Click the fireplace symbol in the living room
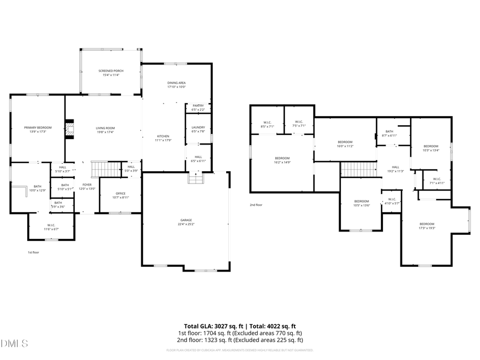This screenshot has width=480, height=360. click(x=69, y=129)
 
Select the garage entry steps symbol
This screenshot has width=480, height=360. click(x=196, y=178)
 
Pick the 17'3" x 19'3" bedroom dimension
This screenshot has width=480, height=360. click(x=427, y=227)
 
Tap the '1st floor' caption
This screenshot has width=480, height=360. click(x=34, y=252)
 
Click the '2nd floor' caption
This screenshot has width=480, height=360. click(x=256, y=205)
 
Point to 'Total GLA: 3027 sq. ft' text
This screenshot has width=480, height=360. click(x=212, y=326)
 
